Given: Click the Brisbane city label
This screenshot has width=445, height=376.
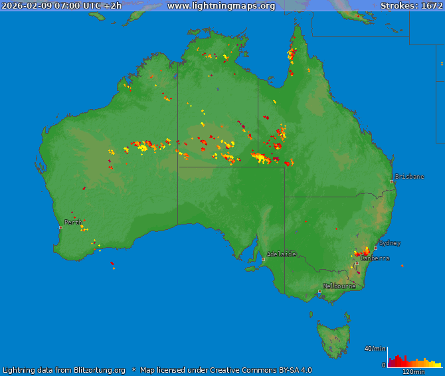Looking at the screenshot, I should pyautogui.click(x=409, y=177).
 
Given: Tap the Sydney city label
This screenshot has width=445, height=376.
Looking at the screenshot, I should pyautogui.click(x=390, y=243).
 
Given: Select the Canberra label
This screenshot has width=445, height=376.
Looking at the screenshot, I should pyautogui.click(x=375, y=258).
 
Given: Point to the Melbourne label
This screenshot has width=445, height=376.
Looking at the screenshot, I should pyautogui.click(x=339, y=286).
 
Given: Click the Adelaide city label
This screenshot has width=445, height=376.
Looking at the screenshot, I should pyautogui.click(x=281, y=254).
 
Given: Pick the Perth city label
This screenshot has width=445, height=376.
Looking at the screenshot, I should pyautogui.click(x=73, y=223).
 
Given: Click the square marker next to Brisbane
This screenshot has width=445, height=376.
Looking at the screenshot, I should pyautogui.click(x=392, y=181).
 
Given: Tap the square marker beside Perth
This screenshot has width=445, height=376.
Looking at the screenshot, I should pyautogui.click(x=60, y=227).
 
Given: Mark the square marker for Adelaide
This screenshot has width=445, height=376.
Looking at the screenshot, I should pyautogui.click(x=263, y=259).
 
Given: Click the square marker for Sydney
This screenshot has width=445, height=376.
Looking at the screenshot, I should pyautogui.click(x=375, y=248).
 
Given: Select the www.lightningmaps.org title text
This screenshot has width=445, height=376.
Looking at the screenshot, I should pyautogui.click(x=221, y=6).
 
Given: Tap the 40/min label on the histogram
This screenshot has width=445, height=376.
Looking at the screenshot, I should pyautogui.click(x=375, y=349).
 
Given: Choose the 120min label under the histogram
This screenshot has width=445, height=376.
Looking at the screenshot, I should pyautogui.click(x=413, y=372).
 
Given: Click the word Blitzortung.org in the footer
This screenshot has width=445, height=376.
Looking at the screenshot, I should pyautogui.click(x=91, y=370).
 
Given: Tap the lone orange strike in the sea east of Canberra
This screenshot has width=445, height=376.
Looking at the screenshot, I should pyautogui.click(x=402, y=266).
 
